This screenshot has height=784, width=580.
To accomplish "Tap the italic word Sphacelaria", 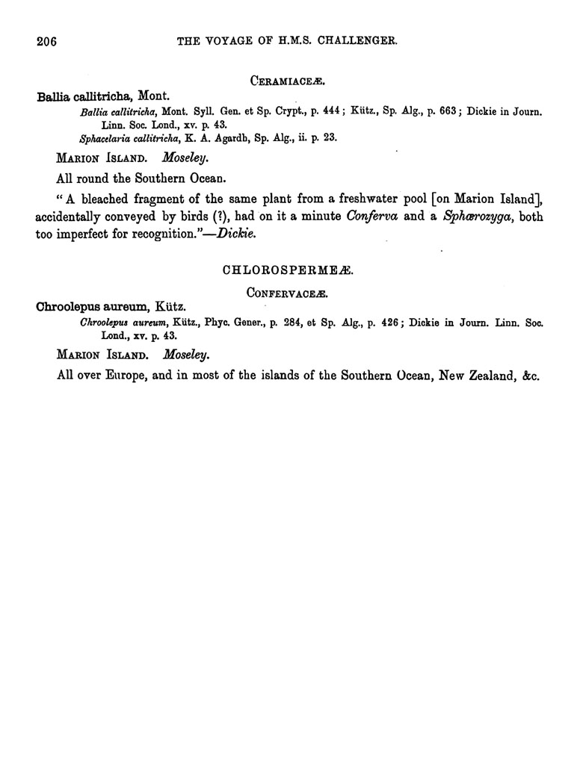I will (106, 137).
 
